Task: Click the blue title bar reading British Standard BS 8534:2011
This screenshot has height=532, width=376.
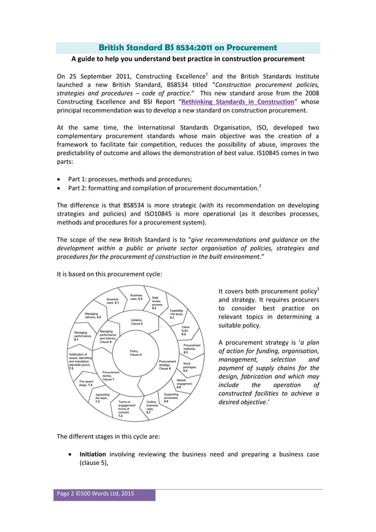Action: pyautogui.click(x=187, y=47)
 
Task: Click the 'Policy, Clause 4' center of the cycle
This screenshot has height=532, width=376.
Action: pyautogui.click(x=135, y=353)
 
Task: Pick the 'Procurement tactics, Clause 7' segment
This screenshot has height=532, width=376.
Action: pyautogui.click(x=113, y=376)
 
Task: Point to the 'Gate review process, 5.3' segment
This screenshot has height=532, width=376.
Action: pyautogui.click(x=158, y=302)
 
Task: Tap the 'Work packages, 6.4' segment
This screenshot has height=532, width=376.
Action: pyautogui.click(x=191, y=368)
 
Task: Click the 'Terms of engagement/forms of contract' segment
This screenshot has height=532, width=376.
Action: pyautogui.click(x=126, y=409)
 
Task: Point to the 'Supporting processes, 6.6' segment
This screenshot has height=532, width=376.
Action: pyautogui.click(x=171, y=398)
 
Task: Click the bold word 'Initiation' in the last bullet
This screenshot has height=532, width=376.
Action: pyautogui.click(x=93, y=454)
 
